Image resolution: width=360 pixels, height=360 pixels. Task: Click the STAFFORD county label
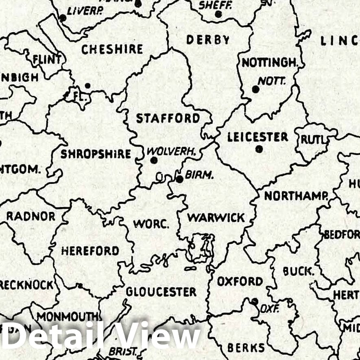click(168, 118)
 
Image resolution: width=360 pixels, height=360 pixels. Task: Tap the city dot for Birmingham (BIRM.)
click(179, 179)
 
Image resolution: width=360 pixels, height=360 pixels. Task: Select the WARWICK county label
click(216, 218)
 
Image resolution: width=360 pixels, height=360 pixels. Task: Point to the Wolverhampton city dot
click(153, 160)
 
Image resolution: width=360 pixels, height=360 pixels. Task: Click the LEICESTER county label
click(257, 137)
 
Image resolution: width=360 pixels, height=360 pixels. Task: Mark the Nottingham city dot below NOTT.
click(255, 89)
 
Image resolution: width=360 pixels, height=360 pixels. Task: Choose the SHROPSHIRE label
click(96, 154)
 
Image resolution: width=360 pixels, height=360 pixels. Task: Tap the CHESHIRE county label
click(112, 49)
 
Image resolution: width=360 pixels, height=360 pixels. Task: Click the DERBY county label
click(208, 39)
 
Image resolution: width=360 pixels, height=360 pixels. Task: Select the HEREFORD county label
click(90, 251)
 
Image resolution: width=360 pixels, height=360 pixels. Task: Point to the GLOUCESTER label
click(161, 292)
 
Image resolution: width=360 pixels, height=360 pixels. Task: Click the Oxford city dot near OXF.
click(255, 301)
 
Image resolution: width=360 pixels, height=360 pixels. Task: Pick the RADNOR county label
click(31, 216)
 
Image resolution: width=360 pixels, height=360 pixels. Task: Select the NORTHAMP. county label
click(296, 196)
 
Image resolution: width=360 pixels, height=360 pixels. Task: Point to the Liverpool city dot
click(63, 18)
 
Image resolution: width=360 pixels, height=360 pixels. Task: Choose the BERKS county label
click(246, 348)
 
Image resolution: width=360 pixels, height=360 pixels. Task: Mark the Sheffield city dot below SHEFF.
click(218, 14)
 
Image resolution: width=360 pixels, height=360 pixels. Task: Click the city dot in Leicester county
click(259, 149)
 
